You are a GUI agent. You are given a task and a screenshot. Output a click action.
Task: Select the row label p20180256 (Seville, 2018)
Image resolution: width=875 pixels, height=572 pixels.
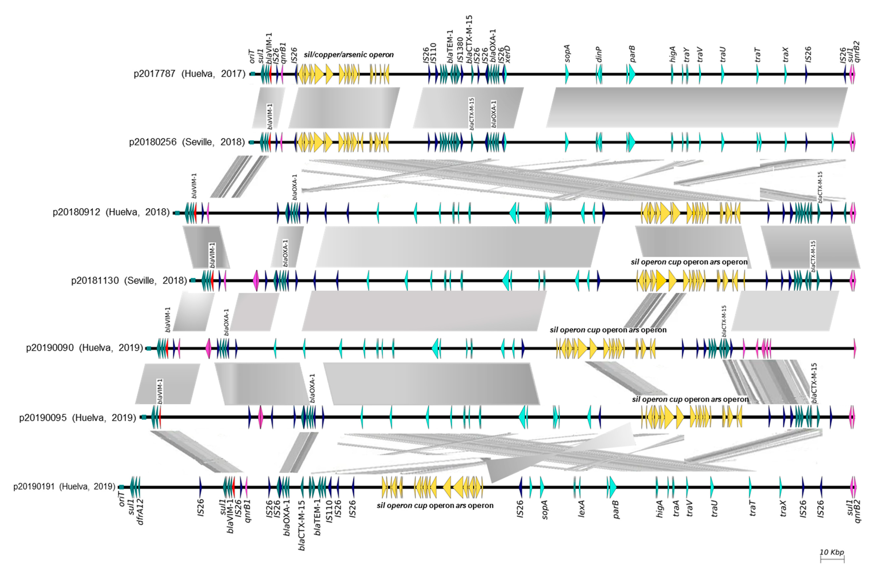point(187,142)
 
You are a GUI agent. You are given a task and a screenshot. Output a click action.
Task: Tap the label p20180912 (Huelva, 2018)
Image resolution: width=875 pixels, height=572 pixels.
point(111,212)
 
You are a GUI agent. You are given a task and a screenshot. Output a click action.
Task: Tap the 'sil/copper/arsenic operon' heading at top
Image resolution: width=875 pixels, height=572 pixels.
point(349,55)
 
